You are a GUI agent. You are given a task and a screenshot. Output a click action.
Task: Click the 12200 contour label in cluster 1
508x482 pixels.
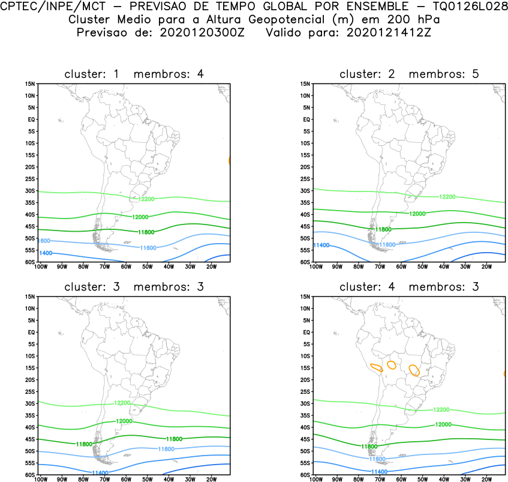(146, 199)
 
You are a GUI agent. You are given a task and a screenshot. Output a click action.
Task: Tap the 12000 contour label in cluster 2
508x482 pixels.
(418, 214)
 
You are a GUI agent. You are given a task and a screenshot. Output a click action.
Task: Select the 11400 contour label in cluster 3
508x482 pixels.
(100, 473)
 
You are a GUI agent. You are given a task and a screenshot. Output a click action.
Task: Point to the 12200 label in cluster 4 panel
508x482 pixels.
(441, 409)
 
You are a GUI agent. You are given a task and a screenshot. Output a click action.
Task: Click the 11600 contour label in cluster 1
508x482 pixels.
(148, 247)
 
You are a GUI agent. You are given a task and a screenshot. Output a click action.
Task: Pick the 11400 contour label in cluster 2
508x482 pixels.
(321, 245)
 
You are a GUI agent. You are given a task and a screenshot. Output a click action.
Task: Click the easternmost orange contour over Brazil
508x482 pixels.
(414, 370)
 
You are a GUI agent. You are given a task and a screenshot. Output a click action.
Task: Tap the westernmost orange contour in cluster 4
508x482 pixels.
(377, 367)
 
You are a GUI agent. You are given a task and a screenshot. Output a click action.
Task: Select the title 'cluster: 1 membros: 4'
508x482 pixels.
(134, 74)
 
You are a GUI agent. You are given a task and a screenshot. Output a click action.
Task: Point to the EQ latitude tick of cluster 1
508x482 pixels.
(32, 119)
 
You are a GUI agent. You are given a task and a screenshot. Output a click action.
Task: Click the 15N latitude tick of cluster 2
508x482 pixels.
(305, 84)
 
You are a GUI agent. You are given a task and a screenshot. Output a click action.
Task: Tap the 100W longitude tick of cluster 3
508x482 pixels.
(41, 479)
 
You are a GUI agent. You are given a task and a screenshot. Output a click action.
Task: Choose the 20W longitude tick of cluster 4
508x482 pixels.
(486, 479)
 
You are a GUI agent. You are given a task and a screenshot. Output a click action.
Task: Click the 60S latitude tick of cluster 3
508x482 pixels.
(31, 475)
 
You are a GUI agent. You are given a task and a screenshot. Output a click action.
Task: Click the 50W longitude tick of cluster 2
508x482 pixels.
(422, 266)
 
